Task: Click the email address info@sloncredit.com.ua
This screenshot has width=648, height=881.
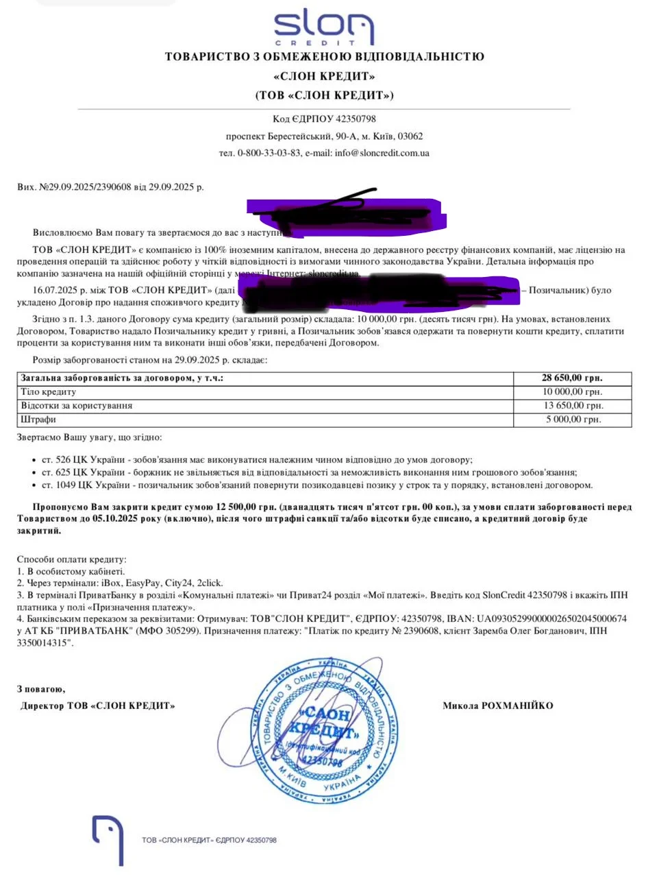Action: tap(382, 153)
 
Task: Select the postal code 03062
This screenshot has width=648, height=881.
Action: tap(410, 136)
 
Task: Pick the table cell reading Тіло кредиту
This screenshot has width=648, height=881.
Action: tap(49, 391)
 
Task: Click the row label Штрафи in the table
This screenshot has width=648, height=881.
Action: tap(39, 419)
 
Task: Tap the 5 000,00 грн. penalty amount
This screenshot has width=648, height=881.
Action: tap(574, 419)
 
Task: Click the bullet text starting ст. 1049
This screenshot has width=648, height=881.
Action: tap(315, 485)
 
